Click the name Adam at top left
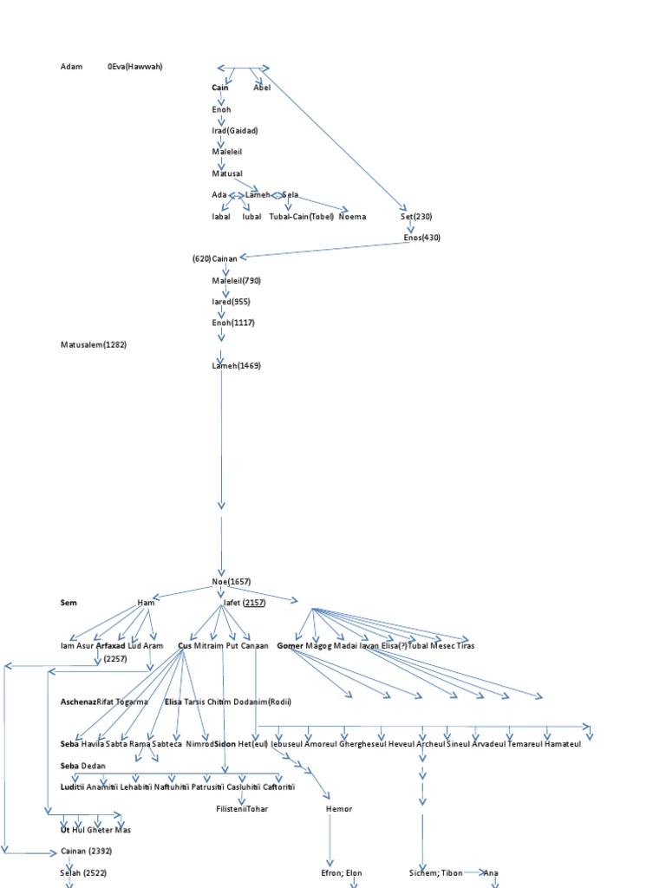70,67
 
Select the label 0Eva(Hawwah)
135,67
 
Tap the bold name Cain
220,88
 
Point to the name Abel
262,88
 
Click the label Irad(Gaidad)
235,130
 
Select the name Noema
351,216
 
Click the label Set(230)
416,216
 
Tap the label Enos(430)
422,238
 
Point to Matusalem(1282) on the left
94,344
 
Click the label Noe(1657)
232,581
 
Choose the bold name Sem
69,602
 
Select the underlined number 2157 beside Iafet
255,602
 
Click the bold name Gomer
290,646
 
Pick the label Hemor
339,808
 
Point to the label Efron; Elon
341,872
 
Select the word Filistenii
230,808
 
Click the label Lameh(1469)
236,366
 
